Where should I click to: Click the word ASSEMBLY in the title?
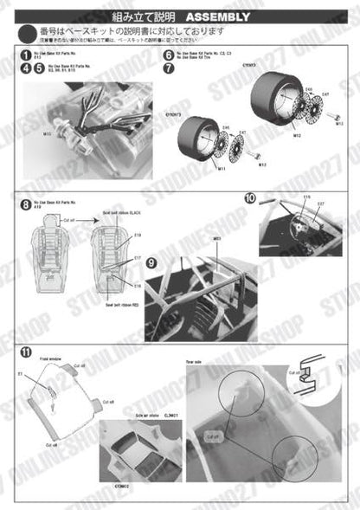click(217, 16)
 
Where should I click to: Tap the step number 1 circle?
click(26, 55)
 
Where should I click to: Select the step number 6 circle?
click(168, 55)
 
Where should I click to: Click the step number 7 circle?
click(168, 68)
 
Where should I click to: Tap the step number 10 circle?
click(249, 198)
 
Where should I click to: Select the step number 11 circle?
click(26, 352)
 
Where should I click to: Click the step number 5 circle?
click(40, 68)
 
